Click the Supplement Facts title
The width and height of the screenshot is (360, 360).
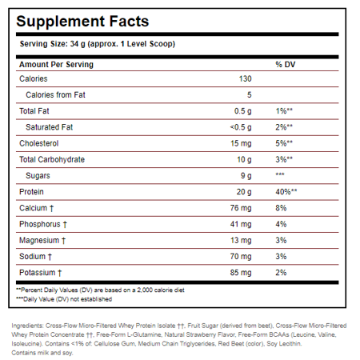[82, 22]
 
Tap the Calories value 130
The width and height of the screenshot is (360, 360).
[245, 78]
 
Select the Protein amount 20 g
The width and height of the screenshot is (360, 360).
[244, 192]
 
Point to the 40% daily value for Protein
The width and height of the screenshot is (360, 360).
[286, 192]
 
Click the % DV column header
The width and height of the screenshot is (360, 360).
[286, 64]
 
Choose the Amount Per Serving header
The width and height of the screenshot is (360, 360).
[56, 65]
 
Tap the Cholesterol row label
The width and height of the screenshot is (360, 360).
[39, 143]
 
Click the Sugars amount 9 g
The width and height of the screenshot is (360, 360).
[246, 176]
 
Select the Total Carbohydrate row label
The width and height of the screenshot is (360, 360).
[52, 160]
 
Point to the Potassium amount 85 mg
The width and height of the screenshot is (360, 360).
[241, 273]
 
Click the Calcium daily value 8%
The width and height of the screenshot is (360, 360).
[281, 208]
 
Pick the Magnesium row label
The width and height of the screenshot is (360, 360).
[42, 241]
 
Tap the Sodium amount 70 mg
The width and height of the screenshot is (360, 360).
[241, 257]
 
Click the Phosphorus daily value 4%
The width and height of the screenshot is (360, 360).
[281, 224]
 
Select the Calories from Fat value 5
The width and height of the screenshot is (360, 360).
[250, 95]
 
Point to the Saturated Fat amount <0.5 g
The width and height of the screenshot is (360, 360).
[241, 127]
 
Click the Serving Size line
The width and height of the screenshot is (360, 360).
[98, 44]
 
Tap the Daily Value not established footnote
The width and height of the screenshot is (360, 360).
[64, 299]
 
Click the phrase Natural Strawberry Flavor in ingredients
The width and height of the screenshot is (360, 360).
[200, 334]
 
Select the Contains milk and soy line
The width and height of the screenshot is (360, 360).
[42, 353]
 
